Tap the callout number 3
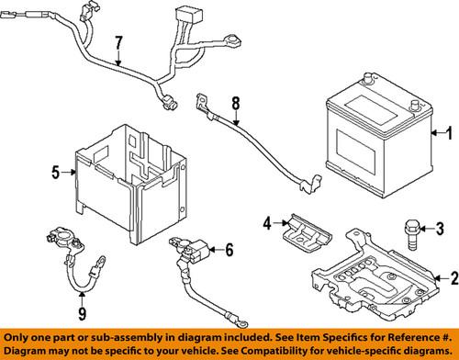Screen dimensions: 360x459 coord(439,228)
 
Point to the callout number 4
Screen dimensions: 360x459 coord(267,222)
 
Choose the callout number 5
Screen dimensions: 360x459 coord(56,171)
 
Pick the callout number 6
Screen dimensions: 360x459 coord(228,249)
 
